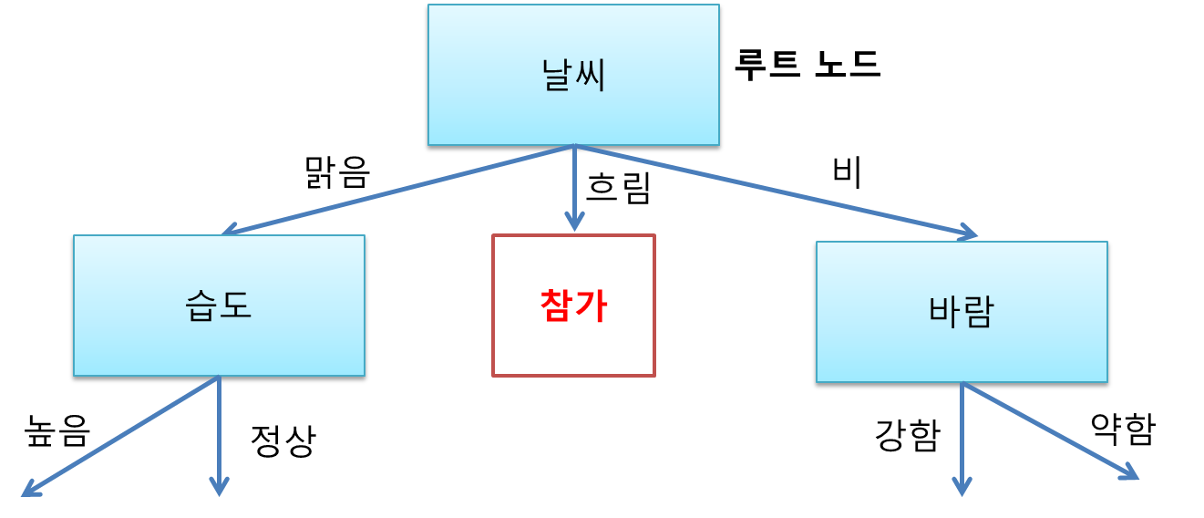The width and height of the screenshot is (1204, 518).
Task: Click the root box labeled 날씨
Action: [x=573, y=76]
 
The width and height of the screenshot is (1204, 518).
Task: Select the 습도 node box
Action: [x=219, y=306]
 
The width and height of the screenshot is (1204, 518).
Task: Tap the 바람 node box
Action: [x=962, y=312]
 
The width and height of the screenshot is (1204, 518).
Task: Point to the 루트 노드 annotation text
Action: [x=807, y=65]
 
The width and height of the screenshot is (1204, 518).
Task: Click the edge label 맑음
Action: [x=337, y=172]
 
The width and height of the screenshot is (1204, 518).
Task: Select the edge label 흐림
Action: [x=618, y=188]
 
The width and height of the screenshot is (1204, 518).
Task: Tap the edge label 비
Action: [x=847, y=172]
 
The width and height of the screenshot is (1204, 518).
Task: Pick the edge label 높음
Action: [x=58, y=430]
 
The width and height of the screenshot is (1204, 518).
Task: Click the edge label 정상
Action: [x=283, y=441]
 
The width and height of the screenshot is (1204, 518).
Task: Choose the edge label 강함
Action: [x=906, y=436]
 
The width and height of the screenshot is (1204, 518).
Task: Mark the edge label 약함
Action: [x=1122, y=429]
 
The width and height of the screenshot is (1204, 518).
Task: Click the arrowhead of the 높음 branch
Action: [x=30, y=490]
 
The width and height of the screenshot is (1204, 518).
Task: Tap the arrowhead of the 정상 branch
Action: [x=219, y=487]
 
